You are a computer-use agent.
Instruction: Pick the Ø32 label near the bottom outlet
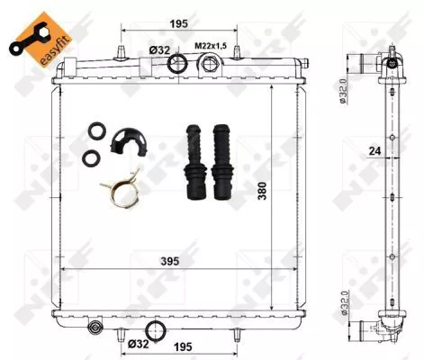click(138, 343)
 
